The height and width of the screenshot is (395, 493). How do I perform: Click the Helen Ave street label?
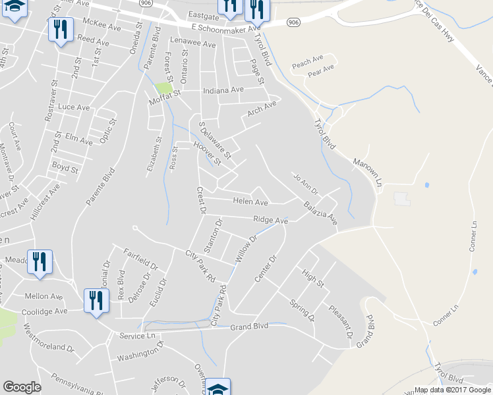tap(250, 202)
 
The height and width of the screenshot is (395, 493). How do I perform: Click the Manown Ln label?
tap(367, 170)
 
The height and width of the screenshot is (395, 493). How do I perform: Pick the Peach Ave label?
tap(308, 64)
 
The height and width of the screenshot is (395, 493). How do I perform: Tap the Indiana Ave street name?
tap(223, 90)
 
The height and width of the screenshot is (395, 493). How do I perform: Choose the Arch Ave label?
tap(262, 107)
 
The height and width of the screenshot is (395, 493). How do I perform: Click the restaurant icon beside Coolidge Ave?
tap(97, 301)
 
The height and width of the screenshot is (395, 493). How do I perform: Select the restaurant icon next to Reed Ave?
tap(61, 30)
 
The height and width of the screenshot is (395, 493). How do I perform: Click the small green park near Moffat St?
tap(164, 87)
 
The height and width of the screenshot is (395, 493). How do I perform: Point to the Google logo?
tap(22, 386)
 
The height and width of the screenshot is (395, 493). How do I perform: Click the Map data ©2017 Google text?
tap(452, 390)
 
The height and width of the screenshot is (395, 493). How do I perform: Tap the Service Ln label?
tap(136, 336)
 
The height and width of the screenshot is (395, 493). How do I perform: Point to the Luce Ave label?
tap(74, 107)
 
